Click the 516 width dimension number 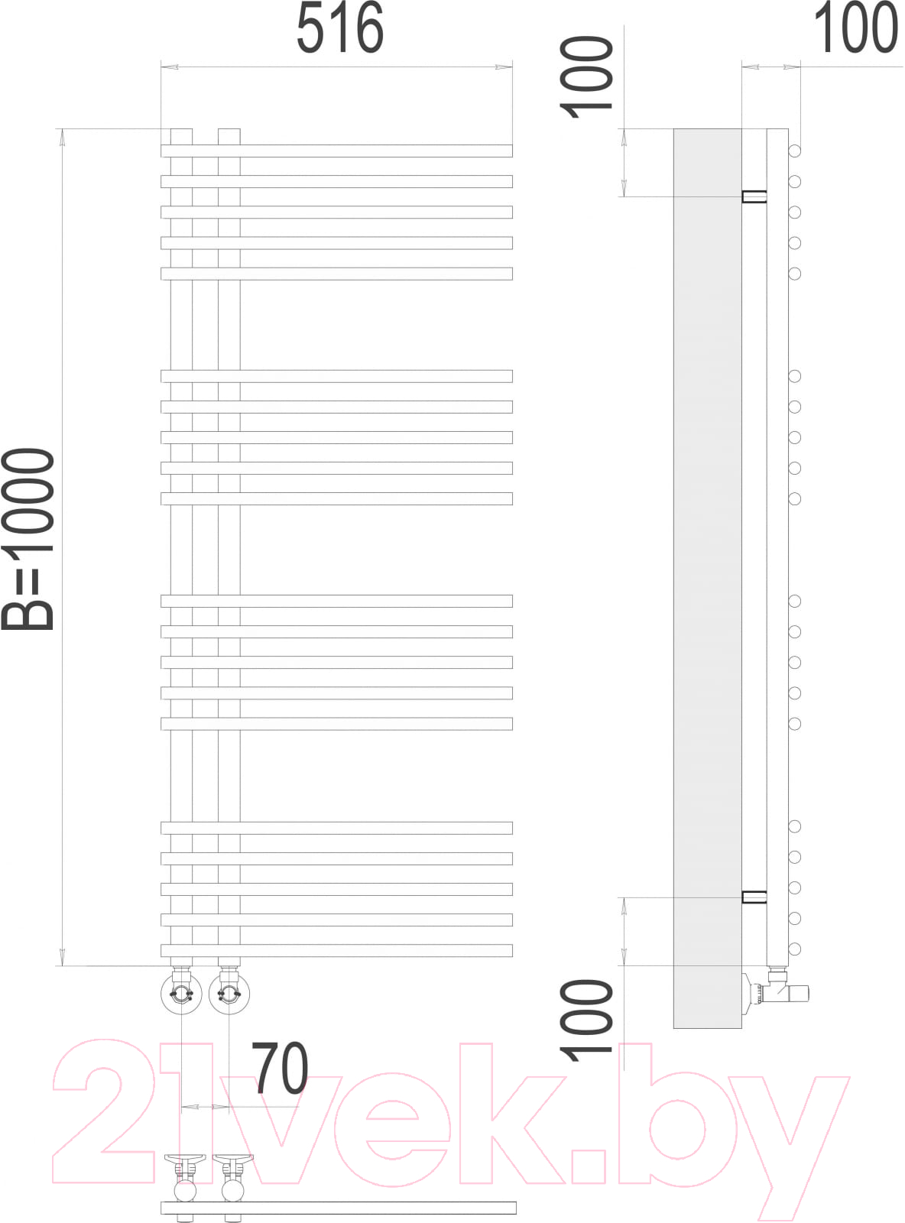click(339, 28)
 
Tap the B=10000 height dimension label click(28, 539)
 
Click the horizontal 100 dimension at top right click(856, 28)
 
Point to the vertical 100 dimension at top click(586, 77)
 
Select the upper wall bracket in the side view click(754, 196)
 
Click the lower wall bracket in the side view click(754, 897)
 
